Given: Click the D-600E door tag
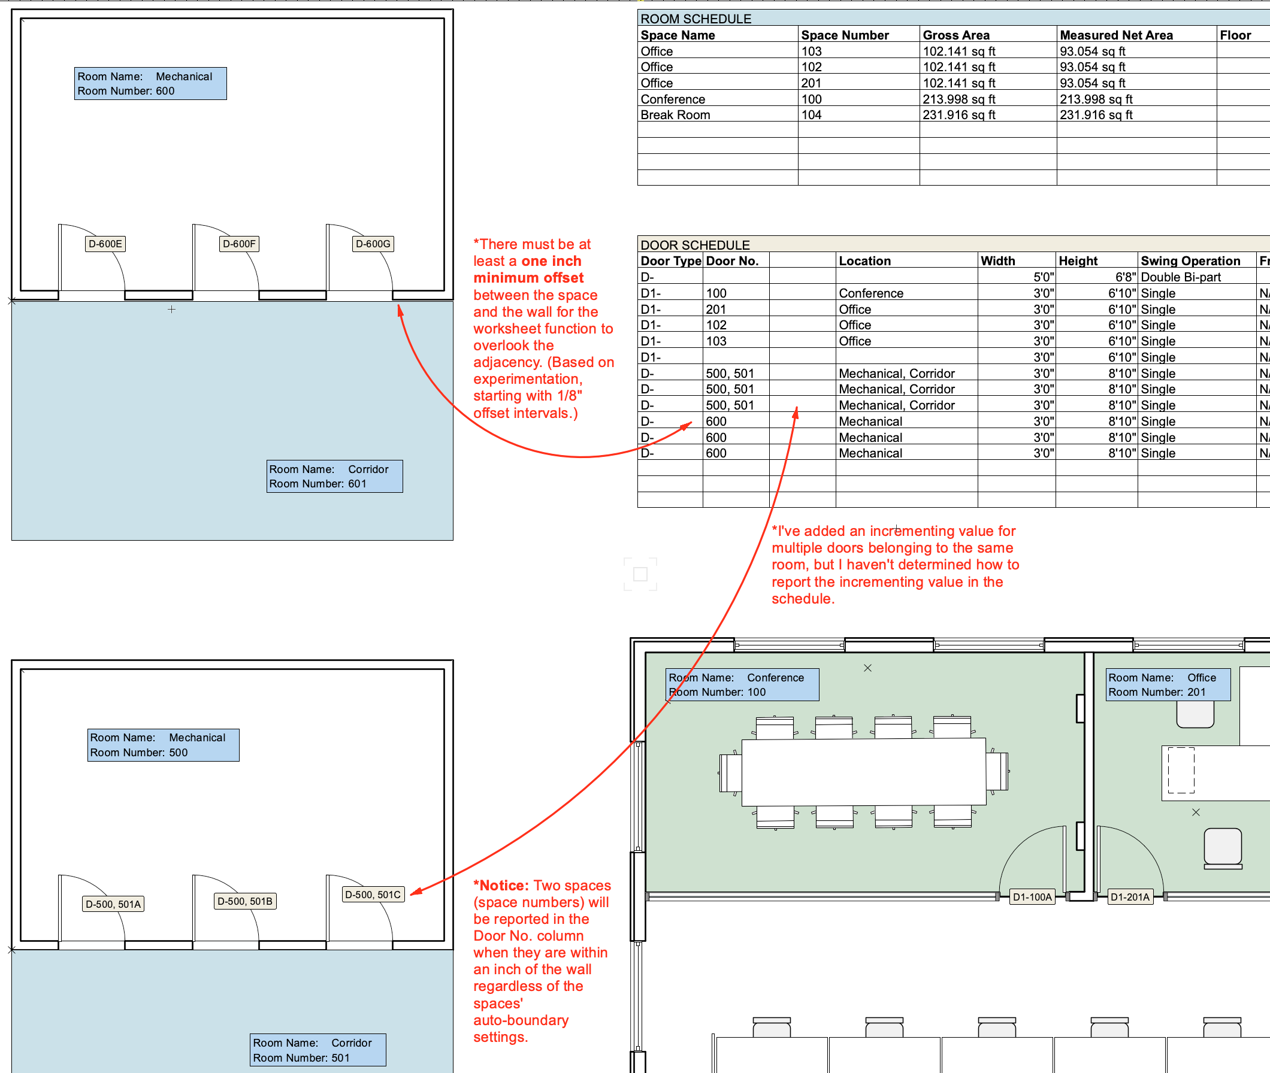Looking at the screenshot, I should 105,244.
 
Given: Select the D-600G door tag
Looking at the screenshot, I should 373,244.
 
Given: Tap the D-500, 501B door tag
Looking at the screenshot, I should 245,901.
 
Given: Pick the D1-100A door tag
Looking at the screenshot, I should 1032,896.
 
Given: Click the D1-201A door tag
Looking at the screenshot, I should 1130,896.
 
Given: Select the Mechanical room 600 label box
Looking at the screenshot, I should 150,83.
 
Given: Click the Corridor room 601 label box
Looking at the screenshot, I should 335,476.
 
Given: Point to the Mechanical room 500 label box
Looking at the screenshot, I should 163,744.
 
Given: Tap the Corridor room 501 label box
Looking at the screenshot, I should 317,1050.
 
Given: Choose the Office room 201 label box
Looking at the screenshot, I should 1167,684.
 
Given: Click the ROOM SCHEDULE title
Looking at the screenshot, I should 696,19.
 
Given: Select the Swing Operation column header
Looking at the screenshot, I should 1190,261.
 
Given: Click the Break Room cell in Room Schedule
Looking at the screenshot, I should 675,115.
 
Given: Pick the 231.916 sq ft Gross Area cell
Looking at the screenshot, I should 958,115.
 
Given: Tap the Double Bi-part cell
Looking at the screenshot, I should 1181,277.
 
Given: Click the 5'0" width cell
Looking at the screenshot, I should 1043,277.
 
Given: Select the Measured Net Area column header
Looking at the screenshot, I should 1116,35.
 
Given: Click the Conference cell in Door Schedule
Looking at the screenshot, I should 871,293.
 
